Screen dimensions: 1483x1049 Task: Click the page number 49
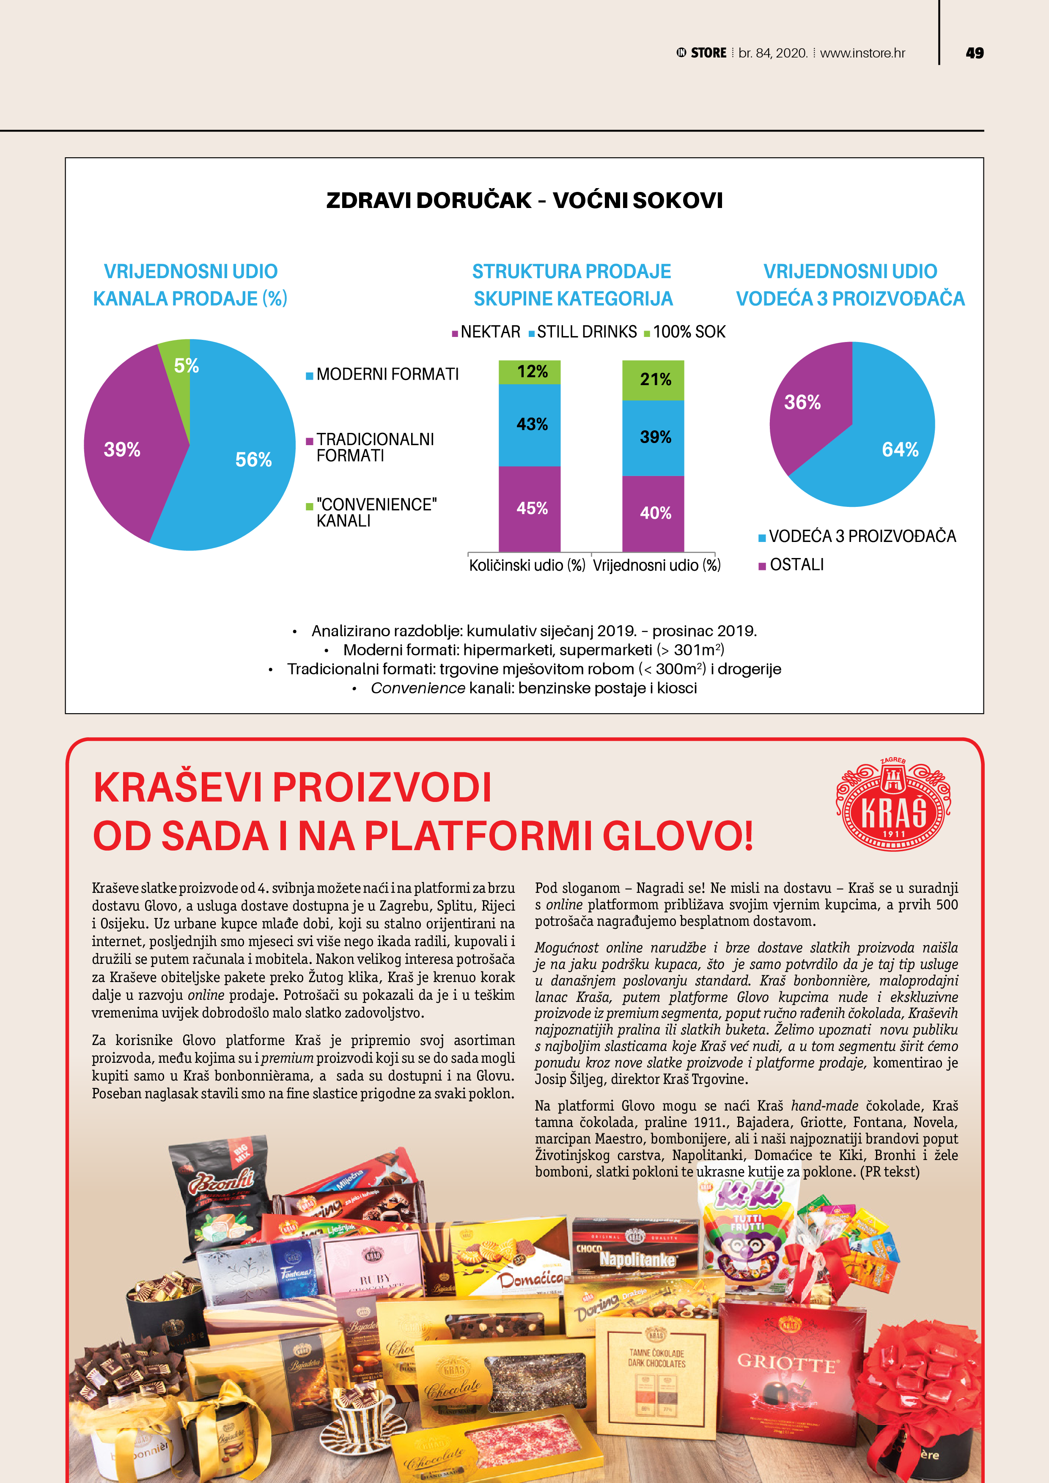coord(974,53)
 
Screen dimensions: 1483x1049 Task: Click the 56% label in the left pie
coord(253,460)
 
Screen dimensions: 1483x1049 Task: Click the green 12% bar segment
coord(529,372)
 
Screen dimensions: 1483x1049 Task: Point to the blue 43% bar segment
coord(529,424)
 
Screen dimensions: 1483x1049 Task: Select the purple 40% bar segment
coord(653,514)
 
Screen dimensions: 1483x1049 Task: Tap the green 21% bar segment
coord(653,380)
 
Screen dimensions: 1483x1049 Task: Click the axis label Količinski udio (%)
coord(527,566)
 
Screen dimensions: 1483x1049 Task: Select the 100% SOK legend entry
coord(685,332)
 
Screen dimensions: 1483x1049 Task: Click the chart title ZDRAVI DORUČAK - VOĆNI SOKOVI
coord(524,200)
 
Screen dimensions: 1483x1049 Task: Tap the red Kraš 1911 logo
coord(893,805)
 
